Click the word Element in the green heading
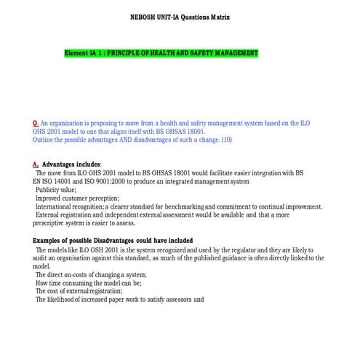pyautogui.click(x=76, y=54)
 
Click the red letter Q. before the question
pyautogui.click(x=36, y=124)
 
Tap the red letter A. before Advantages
pyautogui.click(x=36, y=164)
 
